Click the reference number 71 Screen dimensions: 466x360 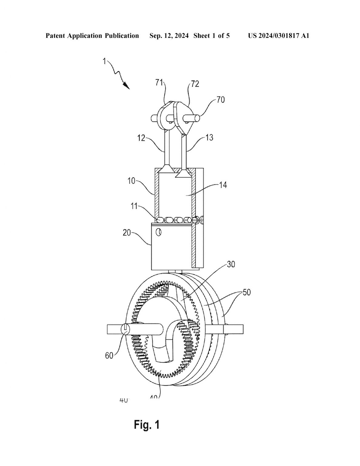click(x=160, y=83)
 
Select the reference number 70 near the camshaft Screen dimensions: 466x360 click(x=220, y=100)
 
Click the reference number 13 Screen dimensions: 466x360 click(x=209, y=137)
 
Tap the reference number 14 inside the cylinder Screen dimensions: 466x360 click(x=223, y=185)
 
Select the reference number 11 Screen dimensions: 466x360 click(x=134, y=206)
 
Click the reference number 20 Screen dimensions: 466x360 click(x=127, y=233)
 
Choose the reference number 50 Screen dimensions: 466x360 click(x=247, y=293)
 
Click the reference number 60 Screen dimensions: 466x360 click(x=109, y=355)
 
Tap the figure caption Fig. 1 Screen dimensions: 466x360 click(x=147, y=425)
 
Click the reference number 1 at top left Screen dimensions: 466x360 click(x=104, y=61)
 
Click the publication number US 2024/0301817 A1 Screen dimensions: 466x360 click(x=278, y=36)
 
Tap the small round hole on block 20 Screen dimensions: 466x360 click(x=158, y=232)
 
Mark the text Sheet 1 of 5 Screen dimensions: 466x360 click(x=211, y=36)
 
